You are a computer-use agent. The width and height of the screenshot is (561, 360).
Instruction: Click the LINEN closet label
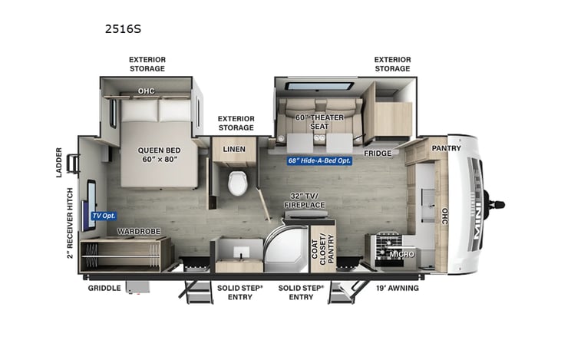click(x=233, y=148)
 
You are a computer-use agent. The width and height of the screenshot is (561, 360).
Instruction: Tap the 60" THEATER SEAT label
click(x=318, y=123)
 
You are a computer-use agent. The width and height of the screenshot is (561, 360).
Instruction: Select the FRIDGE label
click(x=378, y=153)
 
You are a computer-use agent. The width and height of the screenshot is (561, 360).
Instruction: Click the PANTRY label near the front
click(x=446, y=147)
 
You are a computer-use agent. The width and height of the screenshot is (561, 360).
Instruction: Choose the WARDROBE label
click(x=138, y=231)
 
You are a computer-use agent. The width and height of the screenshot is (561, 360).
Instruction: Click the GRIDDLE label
click(x=104, y=288)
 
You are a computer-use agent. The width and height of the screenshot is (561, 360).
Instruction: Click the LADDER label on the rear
click(x=59, y=162)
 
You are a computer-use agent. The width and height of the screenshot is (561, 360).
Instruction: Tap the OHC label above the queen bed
click(x=147, y=91)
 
